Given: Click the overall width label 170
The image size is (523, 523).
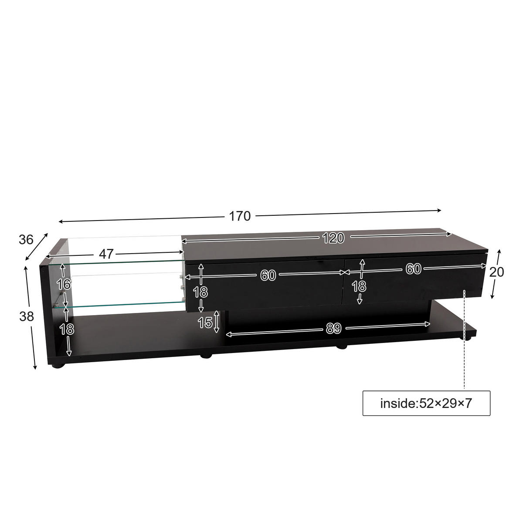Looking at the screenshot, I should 240,216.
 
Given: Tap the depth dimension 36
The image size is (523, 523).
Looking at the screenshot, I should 26,239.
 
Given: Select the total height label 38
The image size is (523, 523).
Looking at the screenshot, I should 27,317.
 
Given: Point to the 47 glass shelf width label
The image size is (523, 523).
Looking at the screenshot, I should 106,254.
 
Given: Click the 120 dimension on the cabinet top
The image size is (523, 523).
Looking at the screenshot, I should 333,238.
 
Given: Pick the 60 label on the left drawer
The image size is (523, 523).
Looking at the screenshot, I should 268,275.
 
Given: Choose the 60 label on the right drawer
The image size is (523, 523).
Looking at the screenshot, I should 413,269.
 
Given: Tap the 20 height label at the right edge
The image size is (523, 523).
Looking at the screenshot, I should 496,272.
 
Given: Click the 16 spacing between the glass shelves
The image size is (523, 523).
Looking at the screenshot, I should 64,285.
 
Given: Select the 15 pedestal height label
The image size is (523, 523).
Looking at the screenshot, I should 205,323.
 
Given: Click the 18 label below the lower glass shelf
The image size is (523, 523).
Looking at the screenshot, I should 67,329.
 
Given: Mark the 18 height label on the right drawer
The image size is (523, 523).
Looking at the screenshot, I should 359,286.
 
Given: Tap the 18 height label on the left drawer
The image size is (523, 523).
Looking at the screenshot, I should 200,292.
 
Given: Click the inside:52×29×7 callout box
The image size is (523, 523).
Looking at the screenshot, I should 426,403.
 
